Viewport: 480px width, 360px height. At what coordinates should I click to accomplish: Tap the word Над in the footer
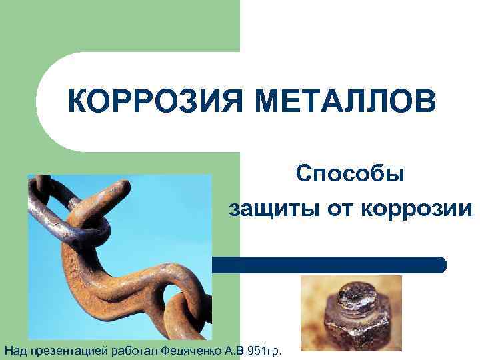pos(15,349)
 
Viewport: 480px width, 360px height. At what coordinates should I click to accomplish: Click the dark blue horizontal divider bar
pos(327,265)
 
